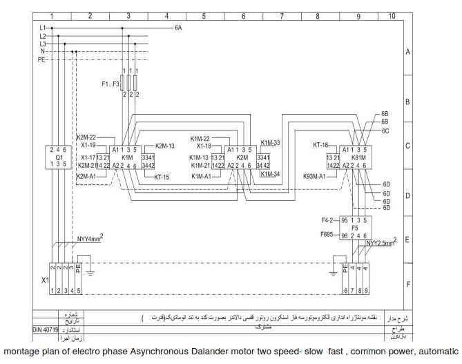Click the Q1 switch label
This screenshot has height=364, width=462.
coord(59,157)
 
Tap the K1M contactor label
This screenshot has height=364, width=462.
coord(127,157)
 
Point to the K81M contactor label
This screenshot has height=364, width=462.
coord(359,157)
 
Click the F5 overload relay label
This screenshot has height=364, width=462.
coord(355,227)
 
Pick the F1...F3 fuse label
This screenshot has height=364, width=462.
coord(110,84)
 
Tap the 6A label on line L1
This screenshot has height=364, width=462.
coord(178,28)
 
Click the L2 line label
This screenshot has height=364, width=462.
coord(43,36)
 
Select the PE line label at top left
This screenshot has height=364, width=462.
coord(41,59)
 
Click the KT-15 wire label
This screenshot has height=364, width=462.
coord(162,177)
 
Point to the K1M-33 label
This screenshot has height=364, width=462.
coord(270,142)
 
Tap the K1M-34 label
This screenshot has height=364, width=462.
coord(270,174)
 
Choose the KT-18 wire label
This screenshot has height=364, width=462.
coord(320,146)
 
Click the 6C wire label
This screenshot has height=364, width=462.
coord(385,131)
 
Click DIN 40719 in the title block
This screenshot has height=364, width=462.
coord(46,331)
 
